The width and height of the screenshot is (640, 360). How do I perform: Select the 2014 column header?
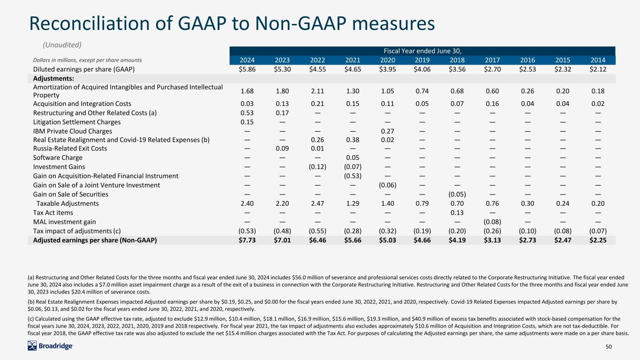coord(598,60)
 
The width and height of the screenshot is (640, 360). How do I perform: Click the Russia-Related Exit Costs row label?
coord(70,149)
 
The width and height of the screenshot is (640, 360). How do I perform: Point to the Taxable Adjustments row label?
coord(68,203)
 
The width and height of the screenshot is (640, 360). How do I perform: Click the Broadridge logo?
coord(50,346)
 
